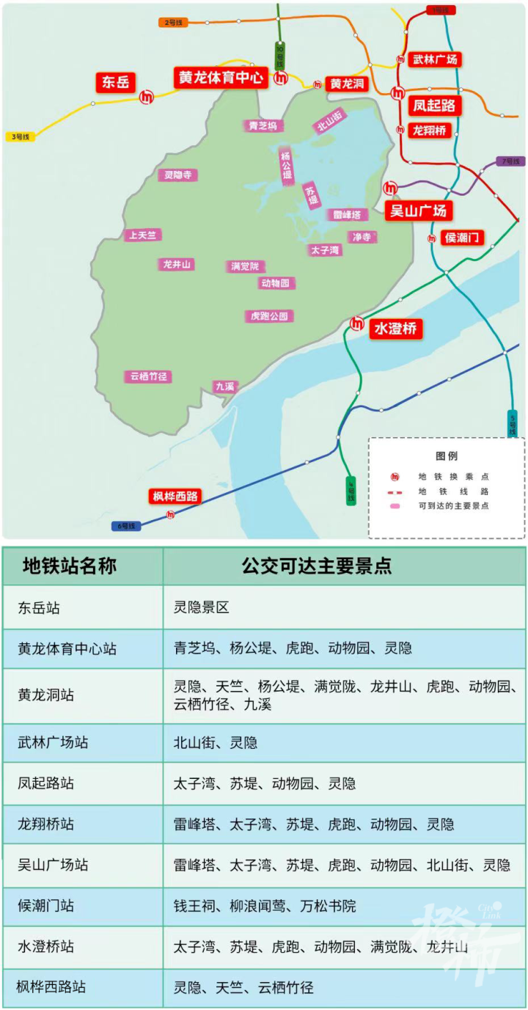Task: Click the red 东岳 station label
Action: [x=116, y=82]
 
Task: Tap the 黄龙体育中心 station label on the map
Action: [x=221, y=77]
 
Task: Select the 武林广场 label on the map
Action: [x=435, y=59]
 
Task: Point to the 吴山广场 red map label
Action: [x=418, y=211]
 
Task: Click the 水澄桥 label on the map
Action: [x=396, y=329]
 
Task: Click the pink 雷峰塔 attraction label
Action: [x=348, y=215]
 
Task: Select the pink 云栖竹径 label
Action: [x=149, y=376]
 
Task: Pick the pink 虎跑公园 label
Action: [x=270, y=316]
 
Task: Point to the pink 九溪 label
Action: [x=224, y=386]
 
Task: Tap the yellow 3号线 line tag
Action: [x=21, y=136]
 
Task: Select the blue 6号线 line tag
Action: [x=125, y=526]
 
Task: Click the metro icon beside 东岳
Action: [x=147, y=96]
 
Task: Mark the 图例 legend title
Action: [x=446, y=456]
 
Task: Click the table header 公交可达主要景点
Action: [x=317, y=566]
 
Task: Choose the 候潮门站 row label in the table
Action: [x=46, y=906]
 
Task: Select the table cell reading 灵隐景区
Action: [x=202, y=607]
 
